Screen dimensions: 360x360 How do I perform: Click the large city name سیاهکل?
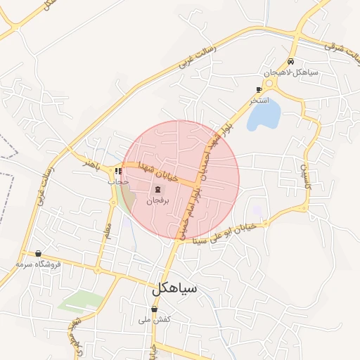pos(174,288)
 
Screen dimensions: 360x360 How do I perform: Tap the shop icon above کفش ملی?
pos(155,309)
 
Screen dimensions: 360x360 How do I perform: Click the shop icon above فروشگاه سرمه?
pos(38,254)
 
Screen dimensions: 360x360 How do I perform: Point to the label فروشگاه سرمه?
pos(39,264)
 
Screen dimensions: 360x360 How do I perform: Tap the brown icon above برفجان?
pos(157,190)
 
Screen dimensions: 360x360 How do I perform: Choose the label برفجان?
pos(157,200)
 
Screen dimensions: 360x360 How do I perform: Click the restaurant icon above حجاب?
pos(119,171)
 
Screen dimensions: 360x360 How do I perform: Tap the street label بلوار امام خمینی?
pos(190,218)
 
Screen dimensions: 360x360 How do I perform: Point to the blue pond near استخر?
pos(264,114)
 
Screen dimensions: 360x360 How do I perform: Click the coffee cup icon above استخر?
pos(259,90)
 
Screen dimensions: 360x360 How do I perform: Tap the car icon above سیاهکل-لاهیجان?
pos(291,61)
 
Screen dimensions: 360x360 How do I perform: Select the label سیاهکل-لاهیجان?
pos(291,72)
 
